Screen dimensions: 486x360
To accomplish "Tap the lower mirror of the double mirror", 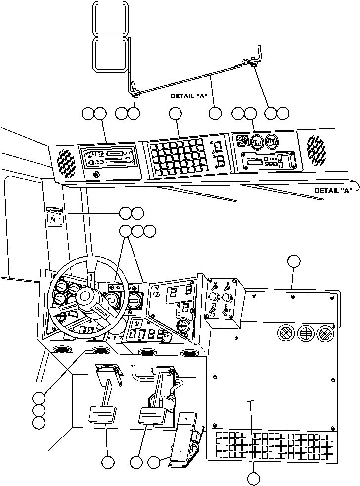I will (x=111, y=54).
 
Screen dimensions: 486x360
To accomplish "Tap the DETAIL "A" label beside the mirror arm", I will (x=187, y=97).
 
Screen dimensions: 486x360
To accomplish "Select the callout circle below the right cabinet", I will (x=253, y=478).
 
